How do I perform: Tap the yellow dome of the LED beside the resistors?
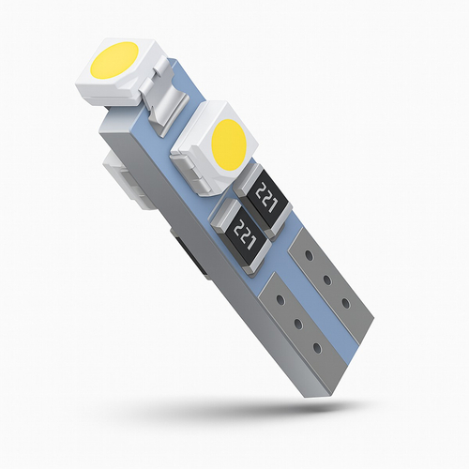click(x=228, y=141)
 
